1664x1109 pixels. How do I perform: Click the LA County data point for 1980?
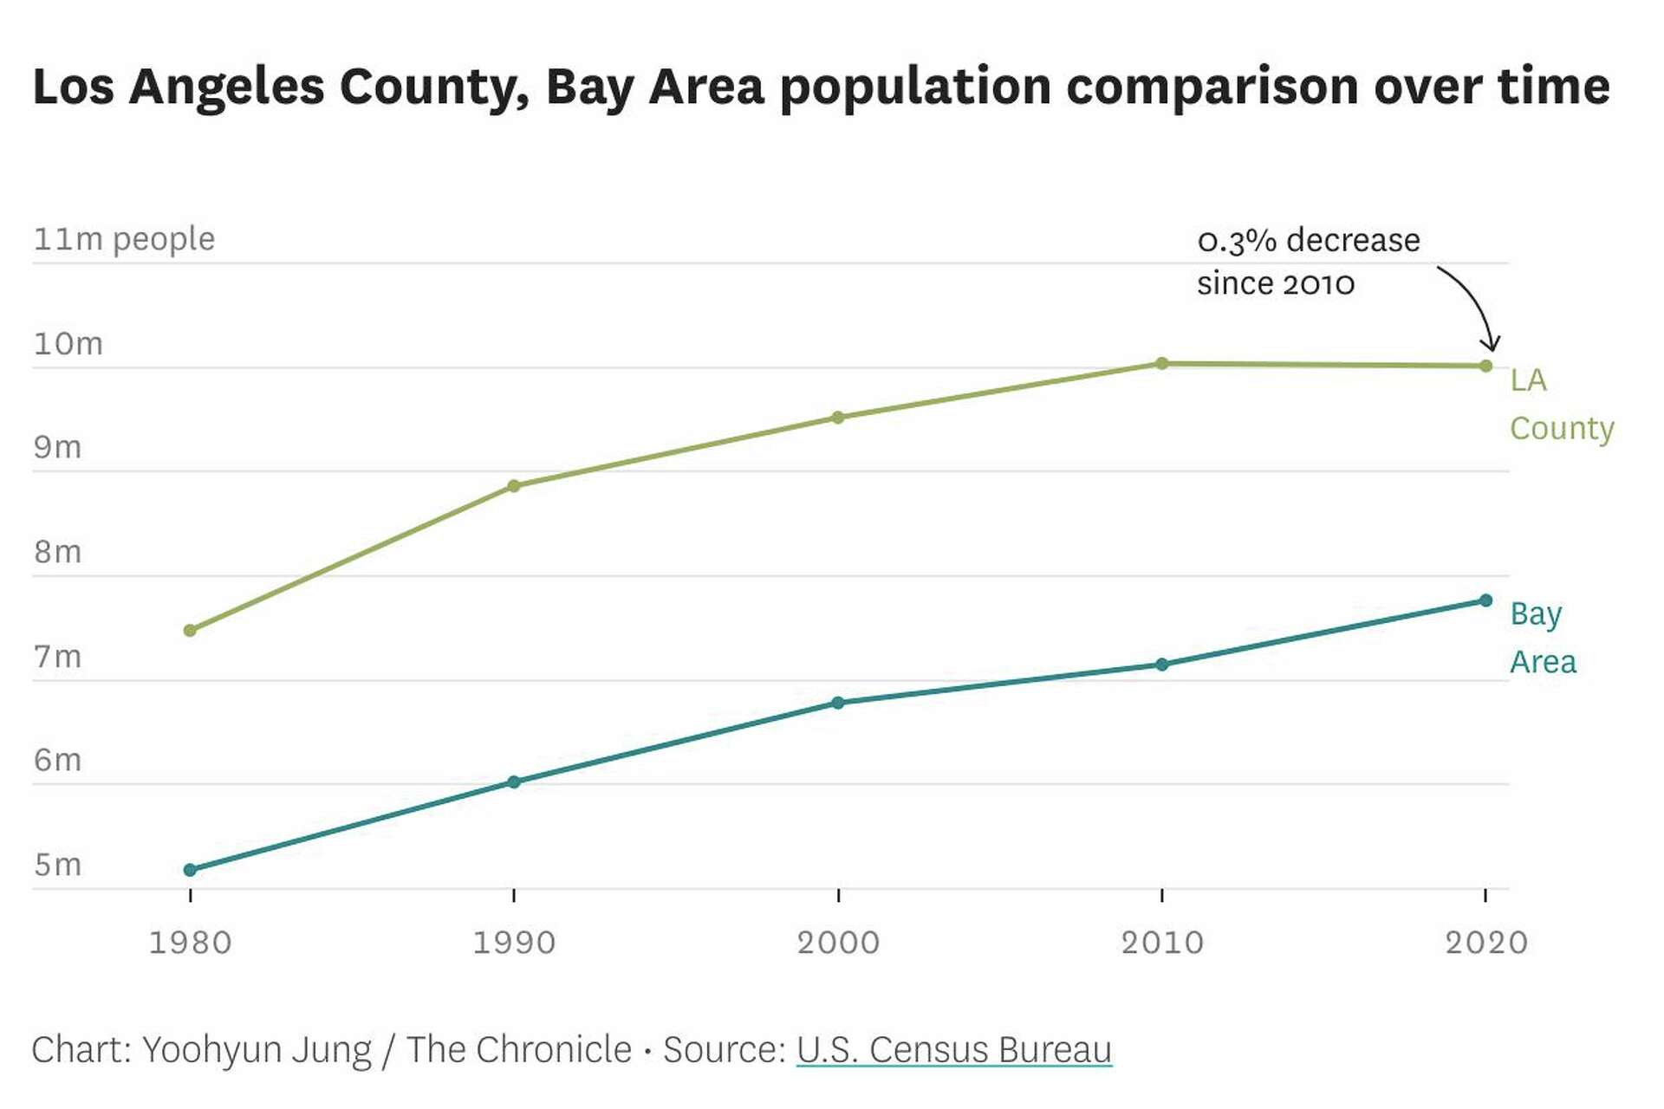190,630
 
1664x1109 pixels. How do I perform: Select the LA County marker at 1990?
514,486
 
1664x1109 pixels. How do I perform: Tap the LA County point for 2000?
838,418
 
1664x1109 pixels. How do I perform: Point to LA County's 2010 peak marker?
1162,363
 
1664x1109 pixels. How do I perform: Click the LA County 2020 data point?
1486,366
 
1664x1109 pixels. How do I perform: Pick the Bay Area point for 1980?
190,869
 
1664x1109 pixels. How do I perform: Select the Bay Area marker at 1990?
514,781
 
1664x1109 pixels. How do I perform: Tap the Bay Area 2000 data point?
838,703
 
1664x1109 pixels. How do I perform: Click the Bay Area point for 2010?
1162,665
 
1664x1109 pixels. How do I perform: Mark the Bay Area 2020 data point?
1486,600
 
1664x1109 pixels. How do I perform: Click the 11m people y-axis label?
124,239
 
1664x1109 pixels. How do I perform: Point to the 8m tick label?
57,552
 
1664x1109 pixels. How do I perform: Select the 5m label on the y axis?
57,865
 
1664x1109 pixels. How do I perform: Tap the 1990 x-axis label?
514,943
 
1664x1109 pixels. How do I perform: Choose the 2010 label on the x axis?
1162,943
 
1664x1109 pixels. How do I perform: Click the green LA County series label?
1560,404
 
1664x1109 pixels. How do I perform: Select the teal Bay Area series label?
1543,638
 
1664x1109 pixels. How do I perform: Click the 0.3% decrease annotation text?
1307,261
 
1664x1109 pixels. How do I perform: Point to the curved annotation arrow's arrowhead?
1491,346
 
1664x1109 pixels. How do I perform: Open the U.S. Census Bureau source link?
953,1049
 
